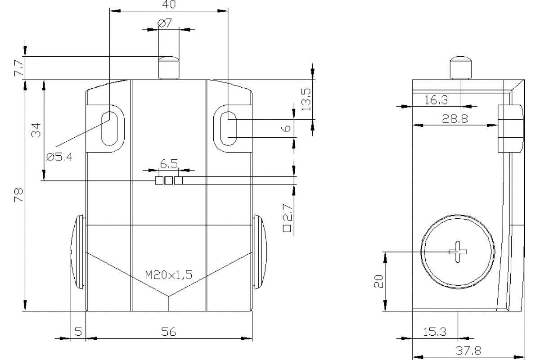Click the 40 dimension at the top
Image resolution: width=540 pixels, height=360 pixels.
[x=169, y=4]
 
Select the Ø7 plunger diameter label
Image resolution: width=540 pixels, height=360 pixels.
[x=165, y=23]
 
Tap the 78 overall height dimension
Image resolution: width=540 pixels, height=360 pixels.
[x=18, y=195]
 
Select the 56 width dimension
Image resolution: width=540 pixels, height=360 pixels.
[x=169, y=332]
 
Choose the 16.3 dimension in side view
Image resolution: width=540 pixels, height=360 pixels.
[x=436, y=100]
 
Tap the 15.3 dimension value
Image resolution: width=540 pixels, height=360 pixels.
[x=435, y=332]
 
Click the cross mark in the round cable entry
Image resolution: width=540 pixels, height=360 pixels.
[x=458, y=252]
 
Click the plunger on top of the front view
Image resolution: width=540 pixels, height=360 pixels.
[x=168, y=67]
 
